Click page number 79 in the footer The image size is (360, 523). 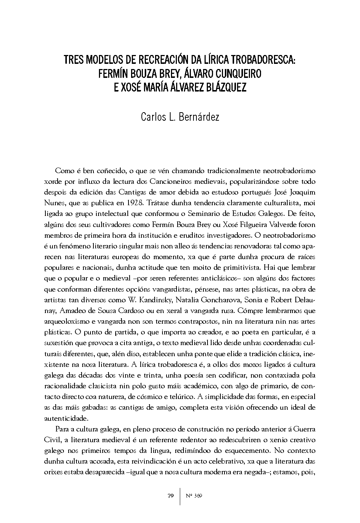[x=170, y=496]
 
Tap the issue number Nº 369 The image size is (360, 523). [x=195, y=496]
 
